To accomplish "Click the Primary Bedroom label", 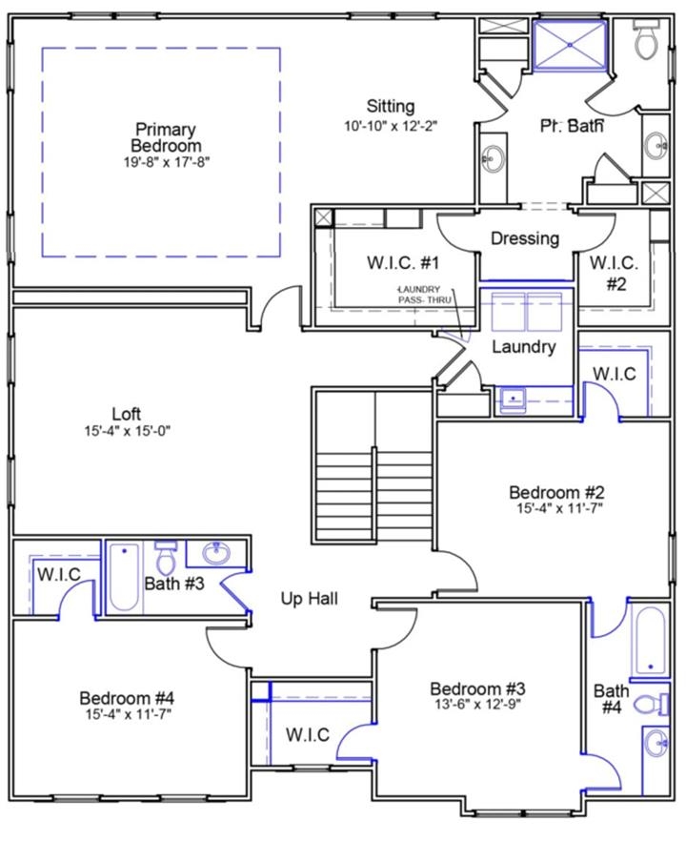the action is coord(166,137).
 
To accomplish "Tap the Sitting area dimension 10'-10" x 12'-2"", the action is coord(391,126).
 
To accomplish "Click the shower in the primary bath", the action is coord(570,46).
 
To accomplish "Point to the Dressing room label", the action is coord(525,238).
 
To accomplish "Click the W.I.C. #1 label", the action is coord(403,263).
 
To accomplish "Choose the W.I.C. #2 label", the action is coord(615,273).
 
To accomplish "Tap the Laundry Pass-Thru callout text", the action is coord(424,295).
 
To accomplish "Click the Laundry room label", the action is coord(524,346).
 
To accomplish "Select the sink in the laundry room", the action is coord(514,400).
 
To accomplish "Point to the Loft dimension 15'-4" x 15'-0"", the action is coord(127,431).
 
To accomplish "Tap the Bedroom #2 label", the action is coord(556,492).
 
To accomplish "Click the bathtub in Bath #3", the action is coord(124,578).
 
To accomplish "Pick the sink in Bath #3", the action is coord(216,553).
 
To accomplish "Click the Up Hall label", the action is coord(310,599).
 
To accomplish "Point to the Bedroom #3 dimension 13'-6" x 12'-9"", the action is coord(477,705).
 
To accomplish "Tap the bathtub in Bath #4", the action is coord(650,640).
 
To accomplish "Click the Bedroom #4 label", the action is coord(127,698).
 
